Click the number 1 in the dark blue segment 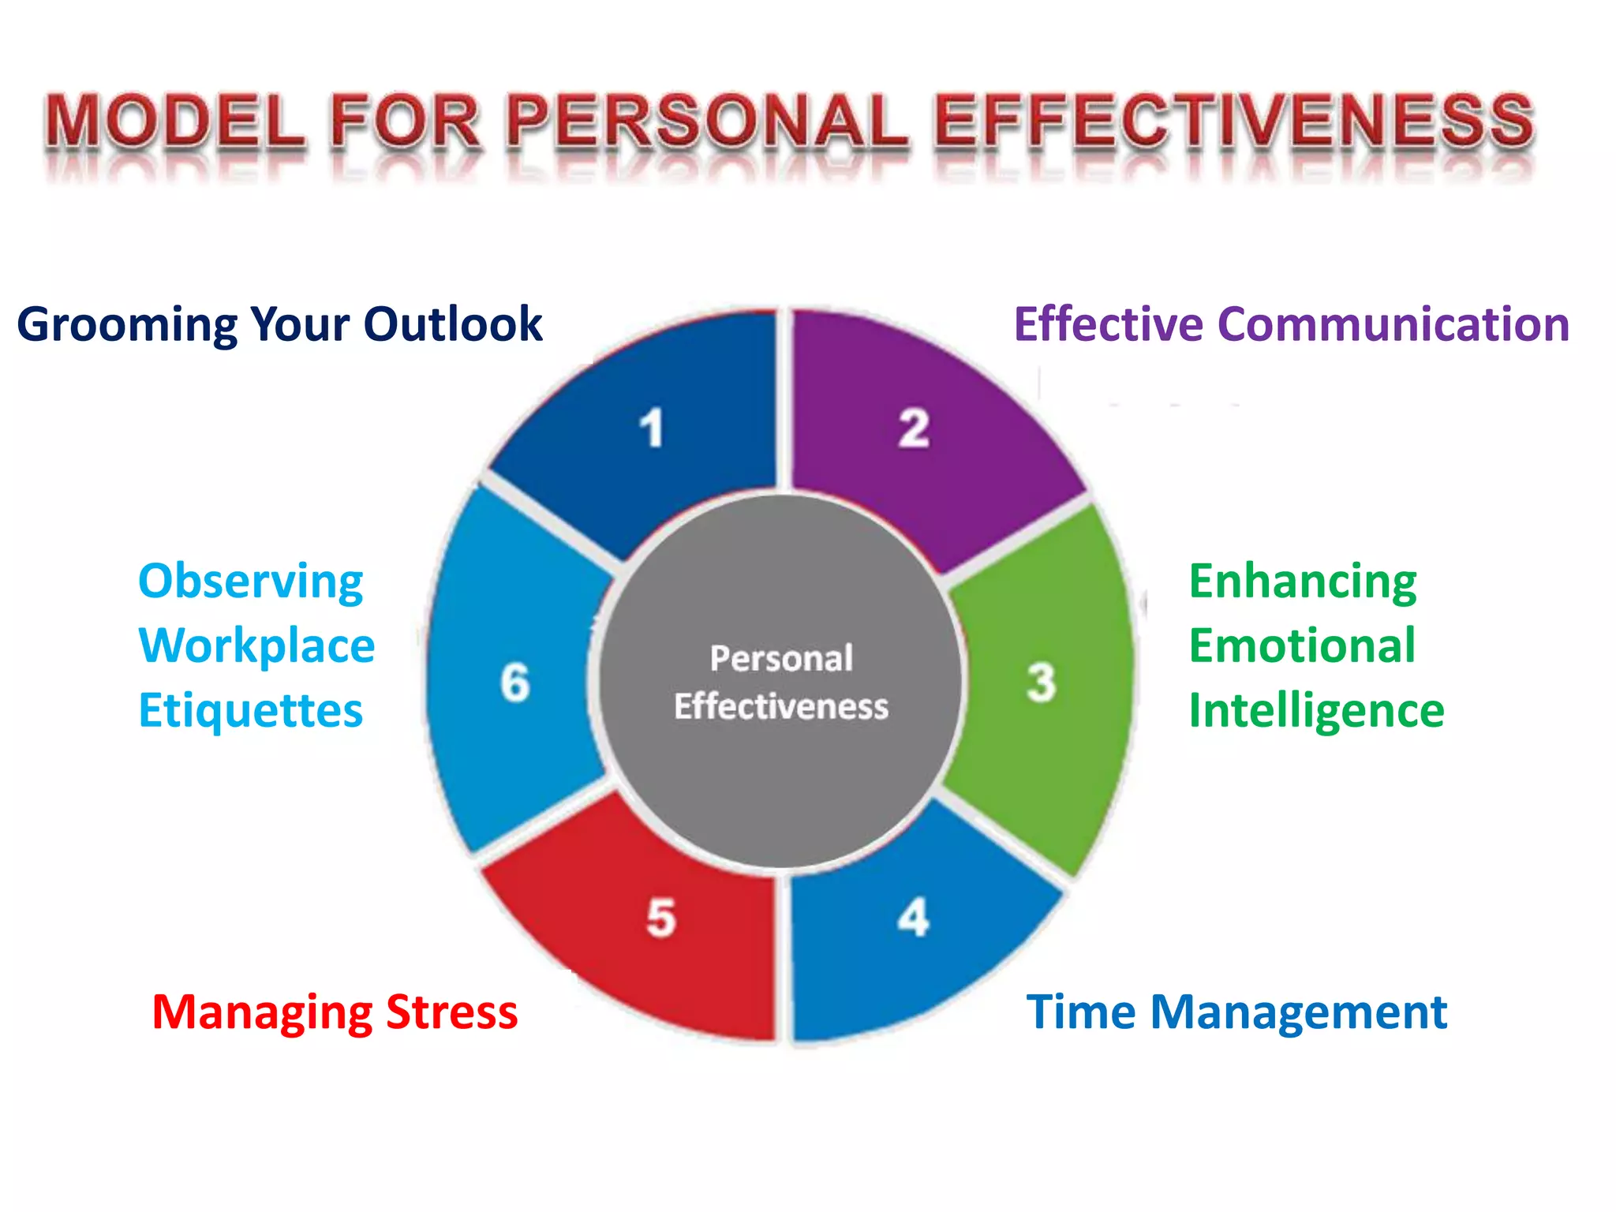click(651, 428)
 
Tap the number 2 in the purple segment click(914, 428)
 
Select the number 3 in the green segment click(1041, 683)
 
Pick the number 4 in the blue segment click(913, 917)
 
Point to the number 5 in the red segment click(660, 918)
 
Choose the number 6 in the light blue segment click(514, 683)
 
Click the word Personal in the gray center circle click(781, 658)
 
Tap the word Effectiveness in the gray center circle click(781, 706)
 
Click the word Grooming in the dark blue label click(127, 325)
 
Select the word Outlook click(452, 324)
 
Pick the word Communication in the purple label click(1393, 324)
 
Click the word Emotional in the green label click(1302, 645)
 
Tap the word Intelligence click(1316, 711)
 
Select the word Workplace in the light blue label click(256, 645)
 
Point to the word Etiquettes click(250, 710)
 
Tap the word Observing click(250, 582)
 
